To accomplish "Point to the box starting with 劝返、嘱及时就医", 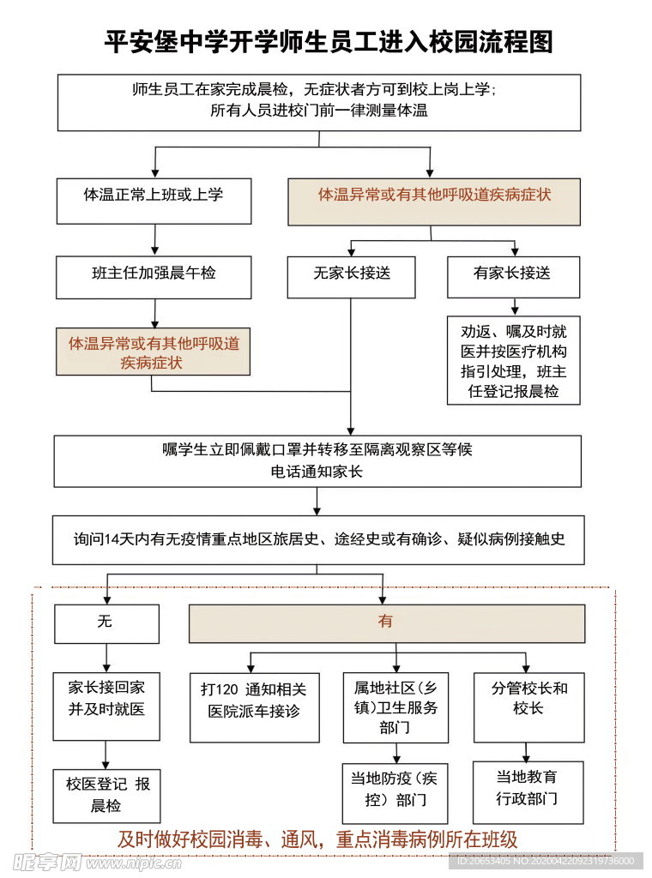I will [513, 360].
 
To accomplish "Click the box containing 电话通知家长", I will [317, 461].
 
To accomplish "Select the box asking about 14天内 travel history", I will [317, 539].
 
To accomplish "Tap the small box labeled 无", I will [106, 623].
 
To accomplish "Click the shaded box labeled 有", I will [386, 623].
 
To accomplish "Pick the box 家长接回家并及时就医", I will [106, 706].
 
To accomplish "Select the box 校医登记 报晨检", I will [106, 795].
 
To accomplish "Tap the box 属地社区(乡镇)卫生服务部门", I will [395, 707].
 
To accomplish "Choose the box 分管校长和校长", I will [528, 707].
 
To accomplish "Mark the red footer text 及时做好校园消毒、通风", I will [317, 839].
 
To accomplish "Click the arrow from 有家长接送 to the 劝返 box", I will [514, 307].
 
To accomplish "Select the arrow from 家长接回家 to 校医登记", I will [106, 755].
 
